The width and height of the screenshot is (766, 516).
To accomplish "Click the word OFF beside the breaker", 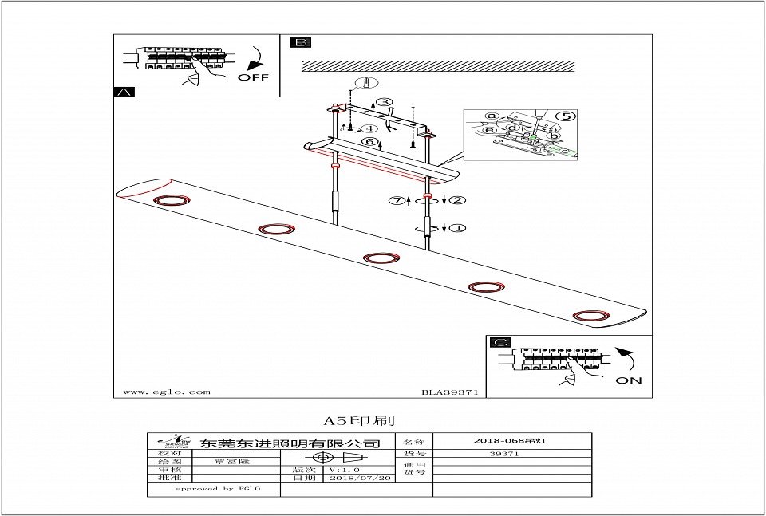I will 253,77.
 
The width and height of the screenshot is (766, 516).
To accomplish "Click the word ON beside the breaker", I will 628,380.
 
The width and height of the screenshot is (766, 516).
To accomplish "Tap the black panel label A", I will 124,93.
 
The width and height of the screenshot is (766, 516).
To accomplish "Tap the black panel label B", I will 301,43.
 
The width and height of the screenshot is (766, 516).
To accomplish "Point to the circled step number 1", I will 457,228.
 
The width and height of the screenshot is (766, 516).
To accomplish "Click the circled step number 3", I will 385,102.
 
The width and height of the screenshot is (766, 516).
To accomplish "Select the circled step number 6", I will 369,141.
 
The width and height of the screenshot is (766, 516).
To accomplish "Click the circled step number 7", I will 397,200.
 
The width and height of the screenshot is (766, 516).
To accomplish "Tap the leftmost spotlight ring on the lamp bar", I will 168,199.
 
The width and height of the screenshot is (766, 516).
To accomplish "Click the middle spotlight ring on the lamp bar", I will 381,258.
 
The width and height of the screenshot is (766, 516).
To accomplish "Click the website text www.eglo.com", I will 167,392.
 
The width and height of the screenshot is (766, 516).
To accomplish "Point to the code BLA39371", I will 449,392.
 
